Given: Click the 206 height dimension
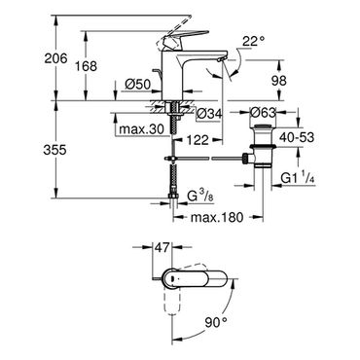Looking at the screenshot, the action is click(x=55, y=58).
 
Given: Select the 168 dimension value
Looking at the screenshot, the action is click(x=86, y=66).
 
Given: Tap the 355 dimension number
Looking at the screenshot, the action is click(x=54, y=150).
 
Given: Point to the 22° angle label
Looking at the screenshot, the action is click(x=253, y=41).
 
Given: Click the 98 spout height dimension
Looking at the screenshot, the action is click(x=278, y=80).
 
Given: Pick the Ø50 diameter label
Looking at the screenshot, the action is click(x=138, y=85).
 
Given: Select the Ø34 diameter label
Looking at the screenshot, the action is click(x=210, y=114).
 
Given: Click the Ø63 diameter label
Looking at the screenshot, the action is click(x=263, y=113).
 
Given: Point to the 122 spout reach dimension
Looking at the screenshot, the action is click(x=197, y=140).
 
